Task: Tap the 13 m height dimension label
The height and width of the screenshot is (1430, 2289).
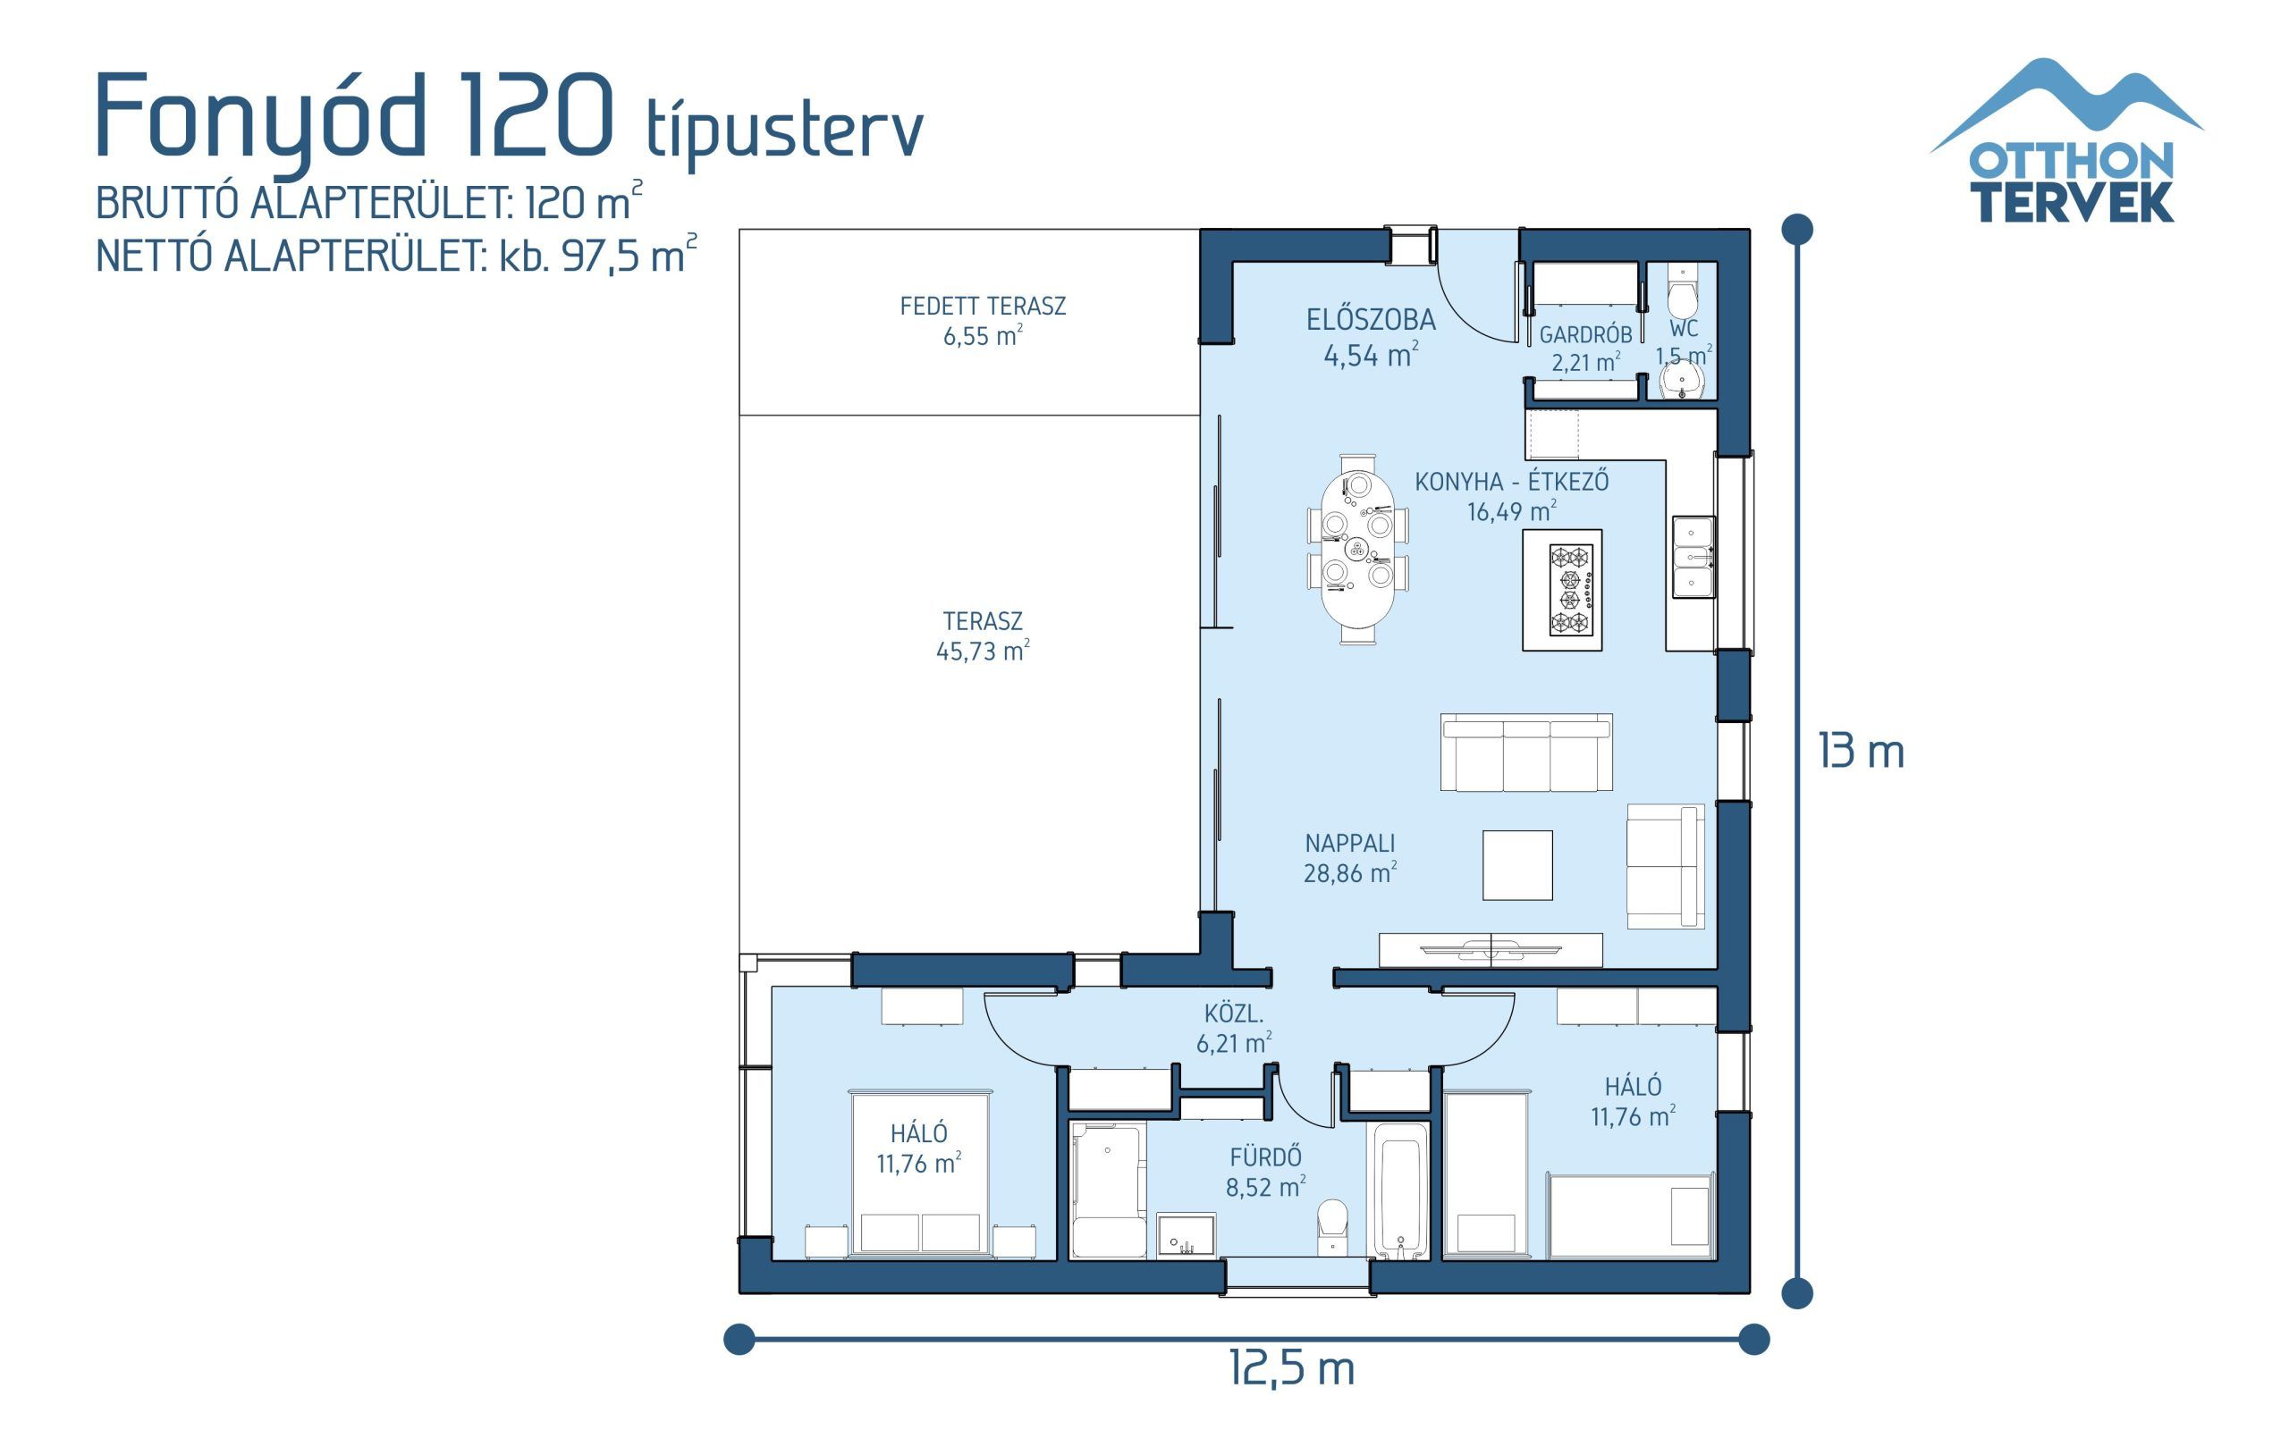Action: [1860, 753]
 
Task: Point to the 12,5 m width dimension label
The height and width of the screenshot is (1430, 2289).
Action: [1291, 1367]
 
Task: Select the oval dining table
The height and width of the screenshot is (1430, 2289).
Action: [1357, 549]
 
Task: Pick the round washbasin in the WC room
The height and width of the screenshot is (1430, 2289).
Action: [1682, 383]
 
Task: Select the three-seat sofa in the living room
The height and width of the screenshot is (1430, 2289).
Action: [1525, 753]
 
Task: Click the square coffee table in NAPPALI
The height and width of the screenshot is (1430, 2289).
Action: [1517, 864]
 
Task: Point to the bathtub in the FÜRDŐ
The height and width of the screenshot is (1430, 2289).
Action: [1401, 1191]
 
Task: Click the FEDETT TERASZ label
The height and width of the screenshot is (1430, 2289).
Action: [983, 307]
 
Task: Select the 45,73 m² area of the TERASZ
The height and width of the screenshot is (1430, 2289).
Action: [982, 652]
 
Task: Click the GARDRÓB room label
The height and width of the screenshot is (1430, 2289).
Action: [1585, 335]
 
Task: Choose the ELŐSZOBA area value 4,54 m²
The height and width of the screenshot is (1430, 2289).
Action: [1371, 356]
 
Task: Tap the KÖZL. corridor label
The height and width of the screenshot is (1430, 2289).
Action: [1233, 1014]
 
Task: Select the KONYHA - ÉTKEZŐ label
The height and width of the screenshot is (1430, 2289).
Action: [1510, 482]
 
